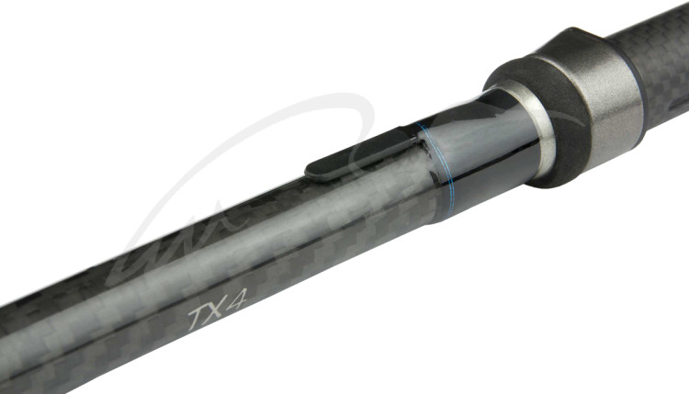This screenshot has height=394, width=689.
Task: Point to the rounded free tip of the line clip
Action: [309, 171]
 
